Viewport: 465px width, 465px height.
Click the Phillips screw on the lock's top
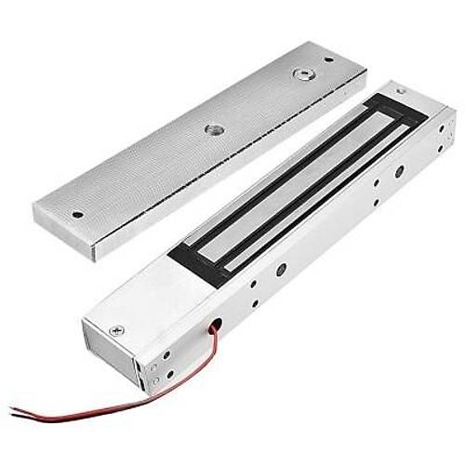coord(115,329)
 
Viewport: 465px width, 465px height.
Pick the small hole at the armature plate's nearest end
coord(77,214)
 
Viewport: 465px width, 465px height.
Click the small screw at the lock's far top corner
coord(401,91)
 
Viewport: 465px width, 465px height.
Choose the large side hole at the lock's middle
coord(282,269)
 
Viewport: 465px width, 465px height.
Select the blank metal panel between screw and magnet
coord(149,298)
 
